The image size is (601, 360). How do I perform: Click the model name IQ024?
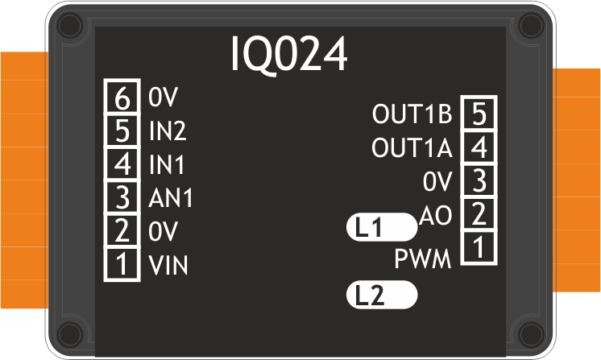coord(289,55)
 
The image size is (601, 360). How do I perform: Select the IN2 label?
coord(168,130)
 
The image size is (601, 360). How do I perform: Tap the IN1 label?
coord(167,164)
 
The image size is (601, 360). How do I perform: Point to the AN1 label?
coord(171,198)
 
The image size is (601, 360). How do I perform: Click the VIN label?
coord(168,265)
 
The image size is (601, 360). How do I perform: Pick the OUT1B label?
coord(412,114)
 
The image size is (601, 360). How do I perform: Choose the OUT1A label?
coord(412,147)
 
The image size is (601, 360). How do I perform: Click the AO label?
coord(436,215)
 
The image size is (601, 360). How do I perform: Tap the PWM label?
coord(423,259)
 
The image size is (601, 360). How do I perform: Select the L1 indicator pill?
coord(382,227)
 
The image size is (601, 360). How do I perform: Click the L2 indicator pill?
coord(382,295)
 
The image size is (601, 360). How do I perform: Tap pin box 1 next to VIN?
coord(122,264)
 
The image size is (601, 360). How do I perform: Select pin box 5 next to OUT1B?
coord(479,113)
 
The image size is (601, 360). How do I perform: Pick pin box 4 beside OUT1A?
coord(479,147)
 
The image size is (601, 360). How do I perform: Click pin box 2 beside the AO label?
coord(479,214)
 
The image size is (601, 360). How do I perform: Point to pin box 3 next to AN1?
coord(122,197)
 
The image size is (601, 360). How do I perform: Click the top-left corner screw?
coord(70,26)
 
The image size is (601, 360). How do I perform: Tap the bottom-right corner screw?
coord(531,335)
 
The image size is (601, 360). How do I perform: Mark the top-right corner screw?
coord(531,26)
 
